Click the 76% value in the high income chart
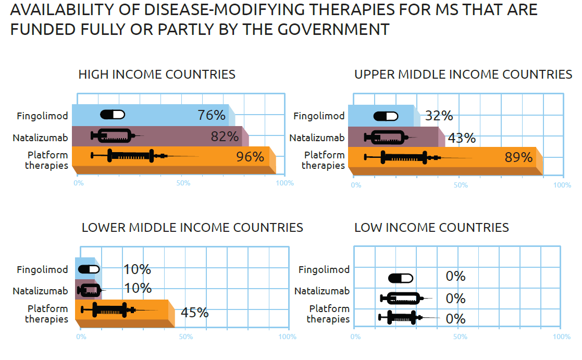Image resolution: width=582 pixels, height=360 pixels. [211, 115]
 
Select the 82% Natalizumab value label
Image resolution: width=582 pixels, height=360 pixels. [225, 137]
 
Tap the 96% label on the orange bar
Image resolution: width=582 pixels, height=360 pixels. [250, 156]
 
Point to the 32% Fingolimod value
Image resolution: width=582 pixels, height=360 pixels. [439, 116]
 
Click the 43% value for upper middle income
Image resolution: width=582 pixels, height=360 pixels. [462, 138]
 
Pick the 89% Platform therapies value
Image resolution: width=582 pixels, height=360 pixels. [518, 157]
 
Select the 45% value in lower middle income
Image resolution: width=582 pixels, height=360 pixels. [194, 313]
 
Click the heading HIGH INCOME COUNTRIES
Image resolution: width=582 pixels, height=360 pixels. [157, 75]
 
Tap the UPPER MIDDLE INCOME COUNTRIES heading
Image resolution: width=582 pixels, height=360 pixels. [463, 75]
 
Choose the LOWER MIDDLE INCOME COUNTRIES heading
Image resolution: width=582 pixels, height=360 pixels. [192, 228]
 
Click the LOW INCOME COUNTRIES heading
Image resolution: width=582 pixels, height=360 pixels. [431, 228]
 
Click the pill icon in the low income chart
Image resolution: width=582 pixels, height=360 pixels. [401, 278]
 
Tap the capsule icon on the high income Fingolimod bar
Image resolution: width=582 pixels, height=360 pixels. [113, 115]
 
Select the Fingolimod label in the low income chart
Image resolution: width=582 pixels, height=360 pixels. [324, 270]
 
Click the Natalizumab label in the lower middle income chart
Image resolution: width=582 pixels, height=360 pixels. [40, 291]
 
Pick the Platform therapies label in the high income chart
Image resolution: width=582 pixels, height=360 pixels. [47, 160]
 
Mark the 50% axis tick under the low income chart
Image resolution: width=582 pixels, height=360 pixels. [460, 337]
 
